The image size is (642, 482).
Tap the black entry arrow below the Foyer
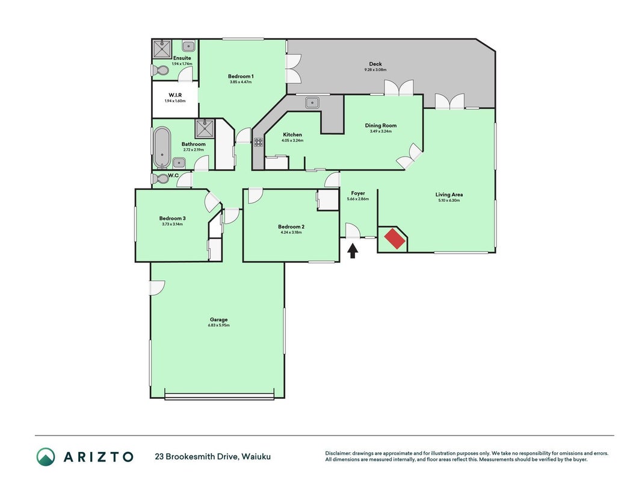[353, 251]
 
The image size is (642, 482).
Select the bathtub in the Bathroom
[162, 147]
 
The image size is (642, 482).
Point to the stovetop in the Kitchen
[258, 142]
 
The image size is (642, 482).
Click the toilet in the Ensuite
[160, 70]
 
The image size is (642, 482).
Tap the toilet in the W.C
[160, 178]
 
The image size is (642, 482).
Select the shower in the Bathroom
[205, 129]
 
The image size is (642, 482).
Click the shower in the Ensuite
[162, 49]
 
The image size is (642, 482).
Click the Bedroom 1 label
[241, 77]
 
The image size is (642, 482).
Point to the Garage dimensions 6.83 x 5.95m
[218, 325]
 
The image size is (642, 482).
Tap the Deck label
[375, 64]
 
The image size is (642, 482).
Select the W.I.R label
[175, 95]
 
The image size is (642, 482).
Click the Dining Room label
[381, 125]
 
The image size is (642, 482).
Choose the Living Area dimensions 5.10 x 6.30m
[449, 201]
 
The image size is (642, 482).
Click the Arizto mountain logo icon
[46, 457]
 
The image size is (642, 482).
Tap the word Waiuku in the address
[256, 457]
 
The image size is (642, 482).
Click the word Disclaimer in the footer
[338, 453]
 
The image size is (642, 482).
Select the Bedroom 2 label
[291, 227]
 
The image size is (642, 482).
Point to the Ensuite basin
[188, 46]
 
